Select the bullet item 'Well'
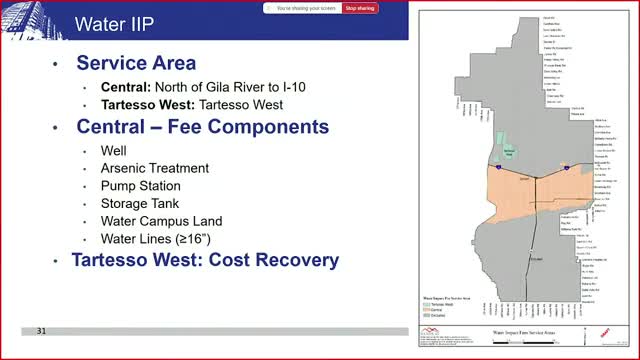113,150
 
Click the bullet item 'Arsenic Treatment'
155,168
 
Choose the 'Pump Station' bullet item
141,186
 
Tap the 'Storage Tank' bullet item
141,203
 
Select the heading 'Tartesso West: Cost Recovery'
205,261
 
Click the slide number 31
42,331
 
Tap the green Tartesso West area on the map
508,148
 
